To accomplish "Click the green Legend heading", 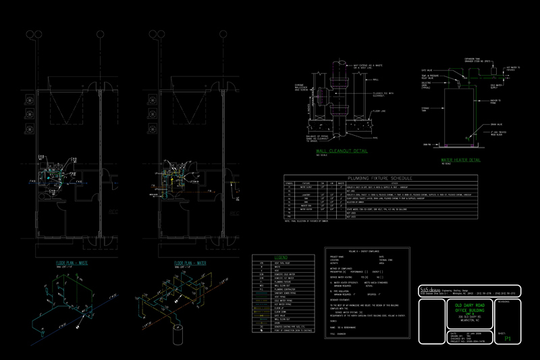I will pyautogui.click(x=281, y=258).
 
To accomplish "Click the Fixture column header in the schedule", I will pyautogui.click(x=306, y=182).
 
